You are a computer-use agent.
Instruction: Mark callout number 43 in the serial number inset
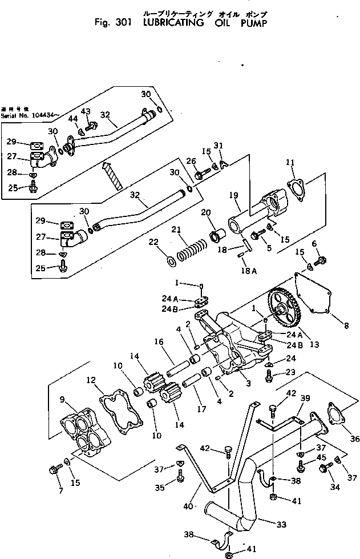coord(86,111)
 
